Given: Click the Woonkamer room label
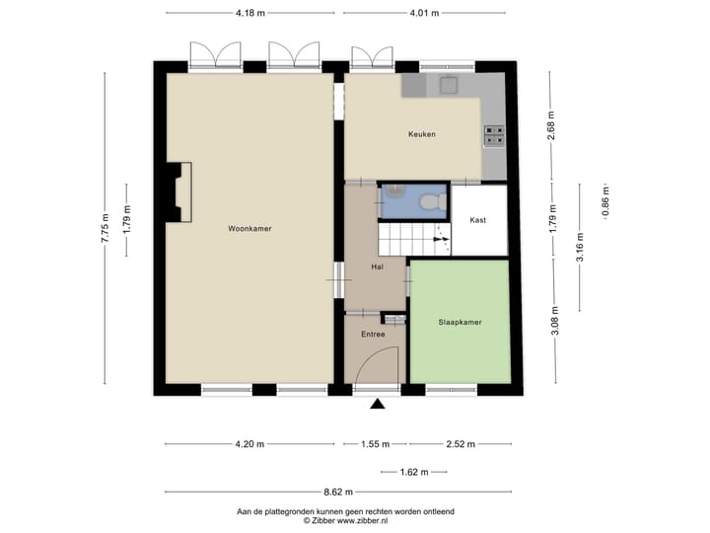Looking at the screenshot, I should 249,228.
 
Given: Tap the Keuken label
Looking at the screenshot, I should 422,134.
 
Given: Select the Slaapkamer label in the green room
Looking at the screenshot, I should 460,322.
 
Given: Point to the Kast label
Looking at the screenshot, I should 478,220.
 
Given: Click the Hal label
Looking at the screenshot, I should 377,266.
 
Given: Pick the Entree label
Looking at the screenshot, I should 372,335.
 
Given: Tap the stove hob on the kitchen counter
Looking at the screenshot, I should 493,135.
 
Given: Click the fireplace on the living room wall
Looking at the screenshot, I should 178,191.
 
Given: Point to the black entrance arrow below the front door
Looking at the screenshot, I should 377,403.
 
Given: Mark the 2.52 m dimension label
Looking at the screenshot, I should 460,444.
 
